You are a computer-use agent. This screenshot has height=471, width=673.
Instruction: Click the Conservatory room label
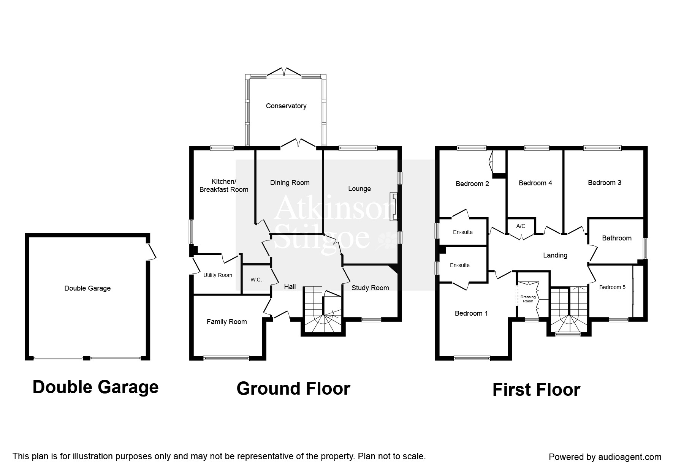click(286, 106)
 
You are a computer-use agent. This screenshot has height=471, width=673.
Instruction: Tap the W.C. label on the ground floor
click(256, 280)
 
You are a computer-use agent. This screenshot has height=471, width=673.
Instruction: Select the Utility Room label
click(217, 275)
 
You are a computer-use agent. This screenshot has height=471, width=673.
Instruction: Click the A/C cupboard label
click(521, 226)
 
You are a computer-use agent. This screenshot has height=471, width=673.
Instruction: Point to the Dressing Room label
click(528, 299)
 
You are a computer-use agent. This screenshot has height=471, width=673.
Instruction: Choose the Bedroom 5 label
click(612, 287)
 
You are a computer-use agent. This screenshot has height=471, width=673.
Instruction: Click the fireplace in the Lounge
click(394, 206)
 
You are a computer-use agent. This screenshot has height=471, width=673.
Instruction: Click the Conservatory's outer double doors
click(285, 72)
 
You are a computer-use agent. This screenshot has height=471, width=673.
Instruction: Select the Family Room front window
click(226, 358)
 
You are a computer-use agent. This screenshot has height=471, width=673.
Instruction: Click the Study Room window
click(371, 319)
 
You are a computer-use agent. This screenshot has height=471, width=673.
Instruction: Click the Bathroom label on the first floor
click(616, 238)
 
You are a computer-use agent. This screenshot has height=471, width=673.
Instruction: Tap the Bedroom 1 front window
click(472, 358)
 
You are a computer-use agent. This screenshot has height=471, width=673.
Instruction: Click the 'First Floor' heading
click(536, 390)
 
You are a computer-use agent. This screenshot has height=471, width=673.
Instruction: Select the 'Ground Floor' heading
click(293, 389)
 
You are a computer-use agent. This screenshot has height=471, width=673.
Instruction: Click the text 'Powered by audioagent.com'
click(605, 457)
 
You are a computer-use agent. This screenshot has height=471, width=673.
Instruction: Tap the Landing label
click(555, 255)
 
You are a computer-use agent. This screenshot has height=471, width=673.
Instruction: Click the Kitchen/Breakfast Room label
click(224, 185)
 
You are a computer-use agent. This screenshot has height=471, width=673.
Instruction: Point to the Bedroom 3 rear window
click(602, 148)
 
